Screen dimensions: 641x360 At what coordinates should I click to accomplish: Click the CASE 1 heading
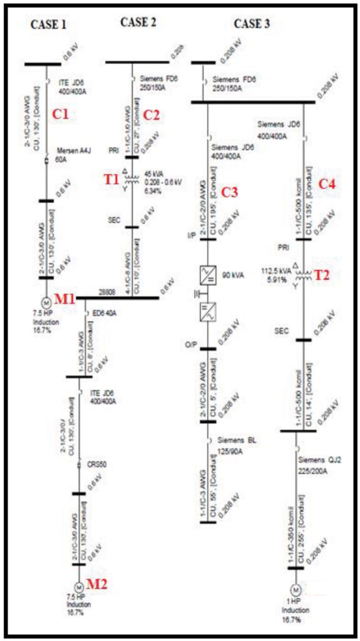tap(48, 26)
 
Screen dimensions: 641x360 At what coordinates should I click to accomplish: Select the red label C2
tap(152, 115)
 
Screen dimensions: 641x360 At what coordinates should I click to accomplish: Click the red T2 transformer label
tap(322, 274)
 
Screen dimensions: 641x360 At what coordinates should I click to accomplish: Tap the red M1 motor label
tap(64, 299)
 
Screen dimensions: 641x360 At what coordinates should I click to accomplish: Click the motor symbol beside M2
tap(79, 588)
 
